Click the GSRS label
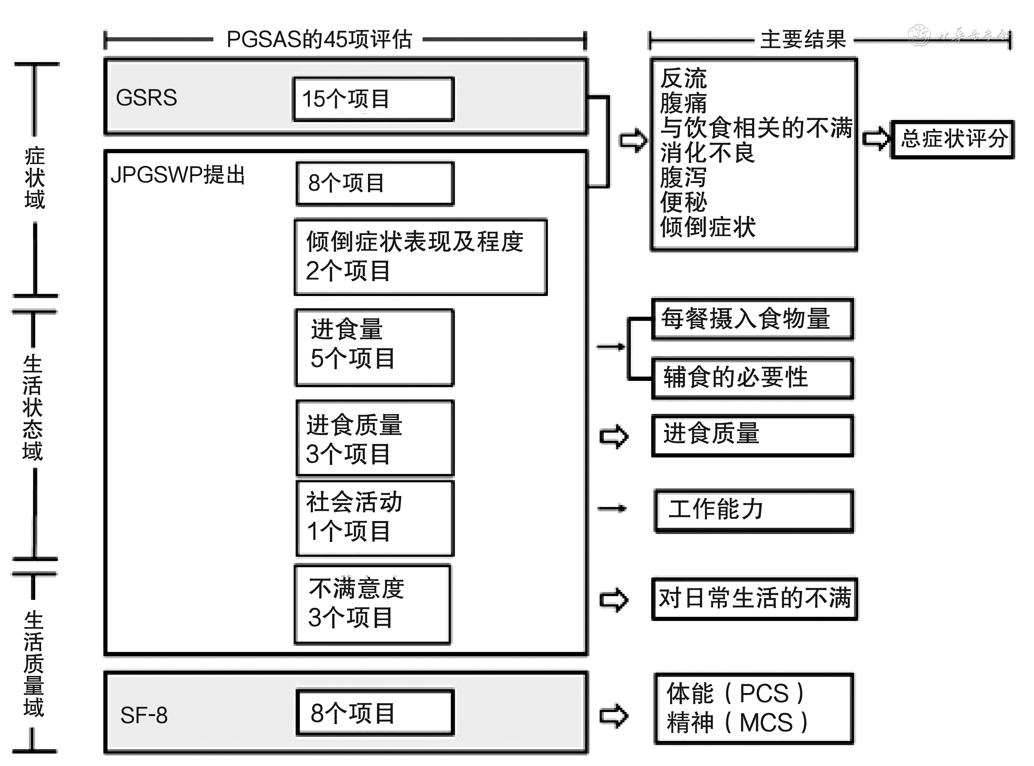147,98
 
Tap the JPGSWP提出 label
177,175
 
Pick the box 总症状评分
953,139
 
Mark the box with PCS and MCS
754,708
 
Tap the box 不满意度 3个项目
372,604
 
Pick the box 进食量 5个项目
374,347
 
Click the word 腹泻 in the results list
683,177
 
